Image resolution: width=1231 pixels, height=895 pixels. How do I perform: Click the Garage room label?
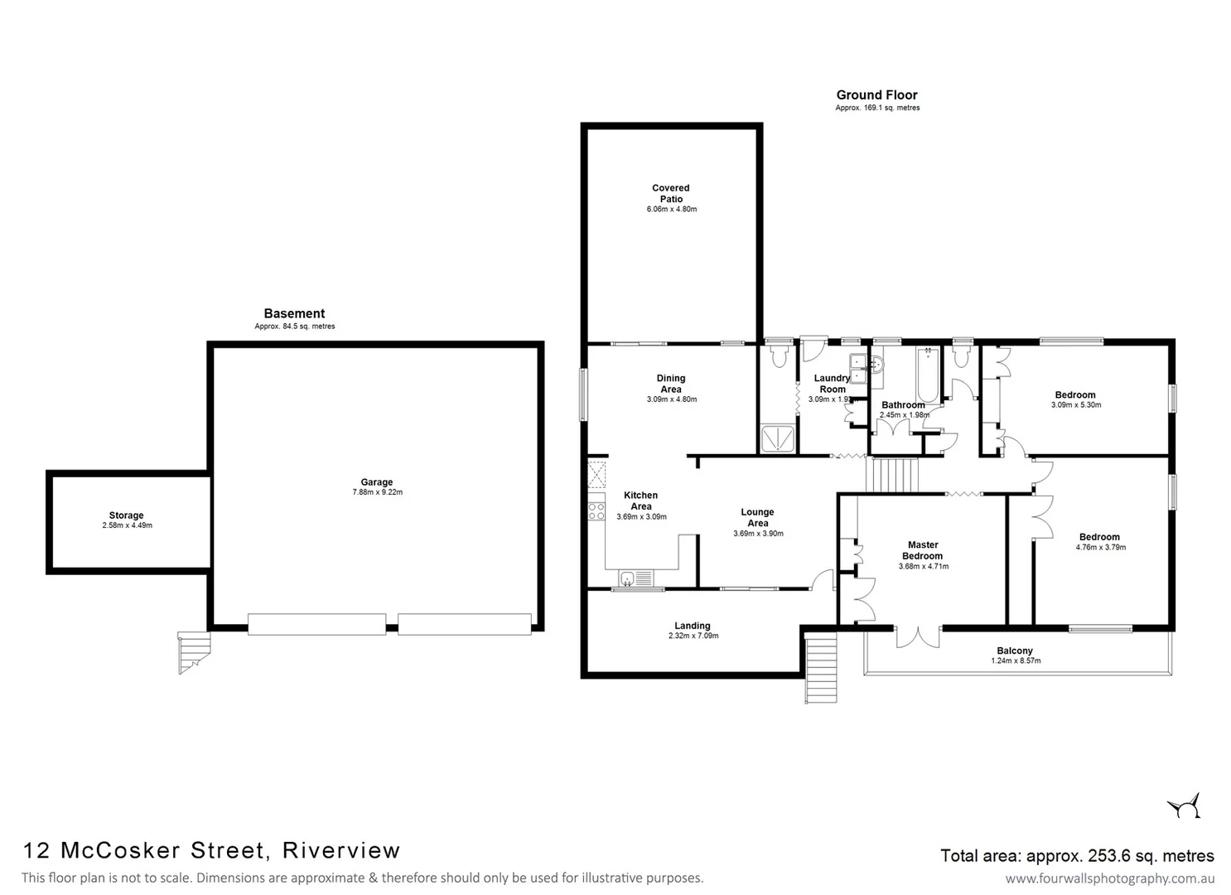point(376,482)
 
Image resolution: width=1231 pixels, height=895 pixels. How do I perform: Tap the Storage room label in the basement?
point(126,515)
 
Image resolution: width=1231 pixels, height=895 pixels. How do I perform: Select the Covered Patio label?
point(671,194)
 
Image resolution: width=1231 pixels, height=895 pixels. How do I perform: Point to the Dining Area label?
point(671,384)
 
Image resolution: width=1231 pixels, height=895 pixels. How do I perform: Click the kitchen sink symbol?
point(628,578)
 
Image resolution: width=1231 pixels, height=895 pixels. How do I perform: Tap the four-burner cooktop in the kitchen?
point(596,511)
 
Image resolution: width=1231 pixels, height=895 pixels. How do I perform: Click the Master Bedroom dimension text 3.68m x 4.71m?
point(923,567)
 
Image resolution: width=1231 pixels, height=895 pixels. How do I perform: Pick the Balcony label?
point(1015,651)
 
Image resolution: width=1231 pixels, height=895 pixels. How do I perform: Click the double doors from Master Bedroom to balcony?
point(918,636)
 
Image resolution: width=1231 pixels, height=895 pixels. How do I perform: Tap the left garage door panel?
point(316,624)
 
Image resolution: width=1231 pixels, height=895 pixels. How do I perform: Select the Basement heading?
point(294,313)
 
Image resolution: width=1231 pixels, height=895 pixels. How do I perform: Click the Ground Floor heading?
point(876,95)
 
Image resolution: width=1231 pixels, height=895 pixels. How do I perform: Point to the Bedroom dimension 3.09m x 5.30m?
point(1075,405)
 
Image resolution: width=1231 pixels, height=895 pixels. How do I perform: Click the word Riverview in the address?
point(341,850)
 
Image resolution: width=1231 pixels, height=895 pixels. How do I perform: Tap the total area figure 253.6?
point(1098,856)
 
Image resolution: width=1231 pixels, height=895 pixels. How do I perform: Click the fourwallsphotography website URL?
point(1109,878)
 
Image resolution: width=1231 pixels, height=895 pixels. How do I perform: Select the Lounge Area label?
point(757,517)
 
